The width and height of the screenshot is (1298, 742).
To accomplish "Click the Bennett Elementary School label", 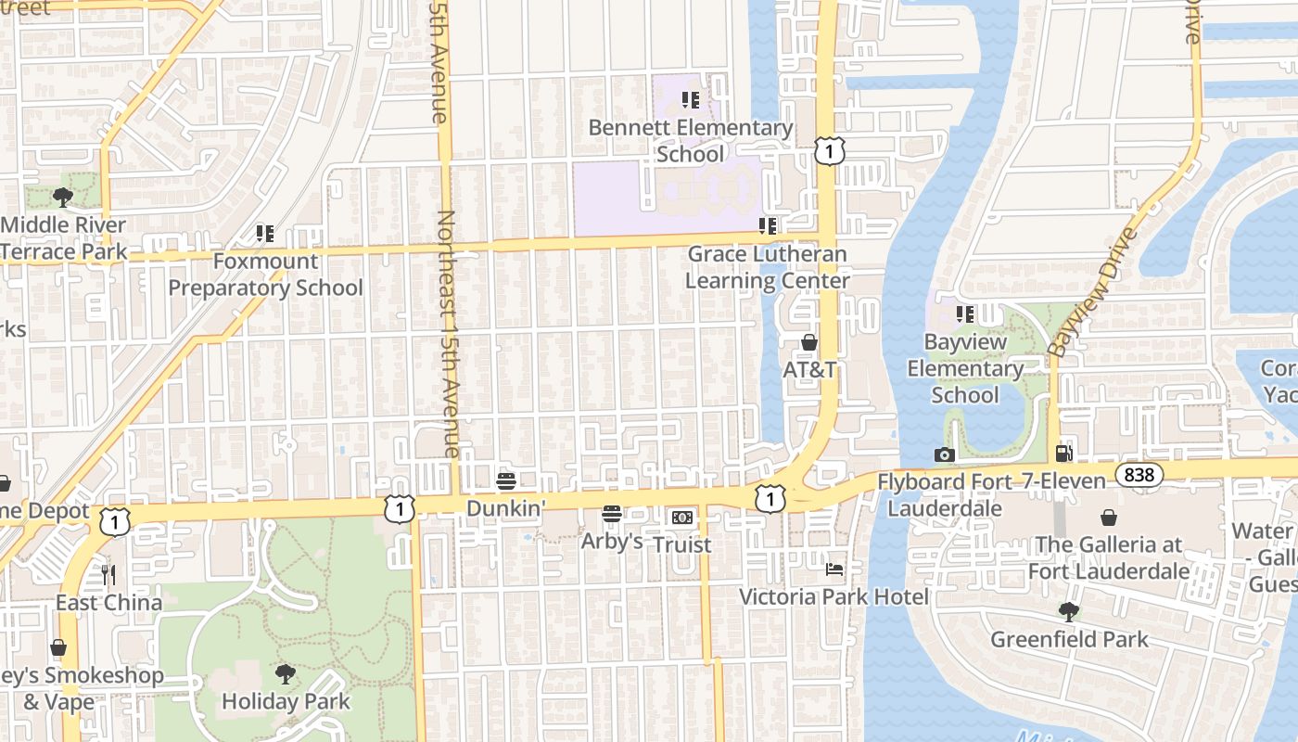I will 691,141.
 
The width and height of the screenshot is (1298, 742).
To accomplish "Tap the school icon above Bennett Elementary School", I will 690,99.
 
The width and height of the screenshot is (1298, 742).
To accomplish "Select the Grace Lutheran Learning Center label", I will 767,267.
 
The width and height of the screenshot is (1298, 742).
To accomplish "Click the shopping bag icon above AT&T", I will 809,342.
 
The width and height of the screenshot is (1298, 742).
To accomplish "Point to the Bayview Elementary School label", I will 965,368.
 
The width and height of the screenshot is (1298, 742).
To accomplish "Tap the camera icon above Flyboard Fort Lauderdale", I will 945,454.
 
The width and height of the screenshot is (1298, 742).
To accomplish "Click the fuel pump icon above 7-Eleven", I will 1064,454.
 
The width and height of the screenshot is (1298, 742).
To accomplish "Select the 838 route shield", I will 1138,475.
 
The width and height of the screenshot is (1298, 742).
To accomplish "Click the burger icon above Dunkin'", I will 506,481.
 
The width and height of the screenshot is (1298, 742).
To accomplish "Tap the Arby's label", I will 612,541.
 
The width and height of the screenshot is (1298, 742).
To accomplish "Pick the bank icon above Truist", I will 681,517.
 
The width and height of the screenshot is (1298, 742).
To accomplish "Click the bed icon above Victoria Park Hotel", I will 834,569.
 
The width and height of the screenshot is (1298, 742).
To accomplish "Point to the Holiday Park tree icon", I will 286,674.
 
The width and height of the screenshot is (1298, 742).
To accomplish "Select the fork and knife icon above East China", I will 108,575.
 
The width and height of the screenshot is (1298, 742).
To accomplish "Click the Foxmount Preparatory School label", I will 265,275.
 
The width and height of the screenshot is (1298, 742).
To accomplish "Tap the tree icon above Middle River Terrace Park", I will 63,197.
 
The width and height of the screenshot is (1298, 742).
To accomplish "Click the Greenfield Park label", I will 1069,639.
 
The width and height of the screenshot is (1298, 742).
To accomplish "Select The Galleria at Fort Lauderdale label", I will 1108,557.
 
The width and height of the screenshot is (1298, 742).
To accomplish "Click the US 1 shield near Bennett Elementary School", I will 830,150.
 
